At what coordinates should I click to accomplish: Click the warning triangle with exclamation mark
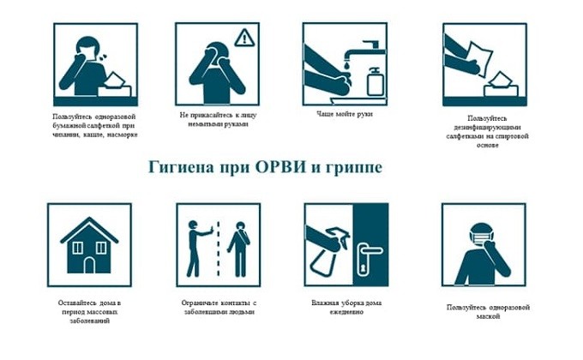pos(243,38)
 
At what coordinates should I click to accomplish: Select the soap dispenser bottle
pos(376,81)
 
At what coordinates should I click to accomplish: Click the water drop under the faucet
pos(347,65)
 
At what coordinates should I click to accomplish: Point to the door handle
pos(367,250)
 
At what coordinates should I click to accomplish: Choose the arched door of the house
pos(89,265)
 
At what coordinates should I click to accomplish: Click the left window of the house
pos(78,248)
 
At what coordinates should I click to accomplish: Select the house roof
pos(89,230)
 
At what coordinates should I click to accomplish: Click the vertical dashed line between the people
pos(219,249)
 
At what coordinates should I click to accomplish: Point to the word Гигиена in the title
pos(182,167)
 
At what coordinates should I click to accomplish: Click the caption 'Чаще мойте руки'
pos(345,114)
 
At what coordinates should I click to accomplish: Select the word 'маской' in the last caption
pos(488,316)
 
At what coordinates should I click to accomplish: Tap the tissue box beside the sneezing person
pos(115,87)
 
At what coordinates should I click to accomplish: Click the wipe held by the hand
pos(480,59)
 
